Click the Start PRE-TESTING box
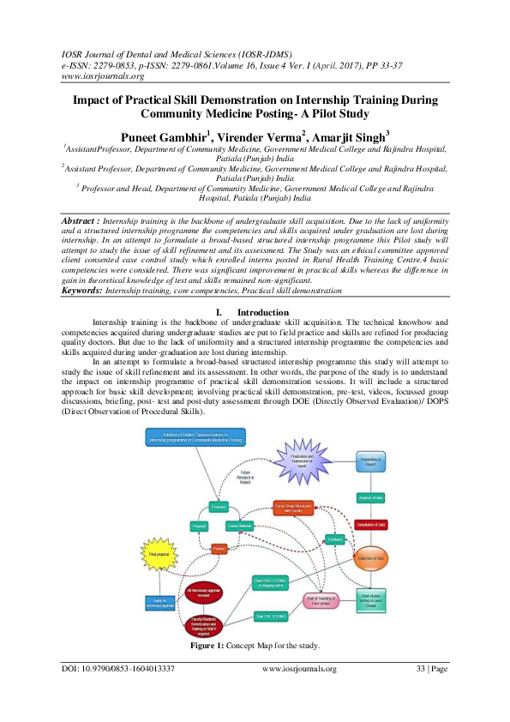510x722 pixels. (x=270, y=615)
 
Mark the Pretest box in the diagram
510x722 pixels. (x=219, y=548)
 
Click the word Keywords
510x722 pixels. (x=81, y=291)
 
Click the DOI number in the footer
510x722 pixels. (x=118, y=668)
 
